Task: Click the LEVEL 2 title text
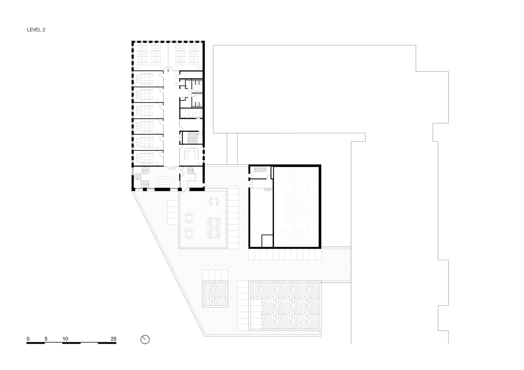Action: [x=36, y=30]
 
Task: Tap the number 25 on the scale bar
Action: [x=114, y=339]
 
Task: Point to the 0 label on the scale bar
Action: [x=28, y=339]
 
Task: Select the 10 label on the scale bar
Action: [x=65, y=339]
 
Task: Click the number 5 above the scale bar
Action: [x=46, y=339]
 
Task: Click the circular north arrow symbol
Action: [x=145, y=339]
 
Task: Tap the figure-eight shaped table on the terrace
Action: [x=214, y=228]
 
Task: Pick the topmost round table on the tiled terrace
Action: [x=214, y=201]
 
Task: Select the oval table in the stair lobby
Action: [x=166, y=180]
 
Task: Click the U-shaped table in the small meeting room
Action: [x=191, y=153]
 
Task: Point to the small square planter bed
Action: [x=215, y=294]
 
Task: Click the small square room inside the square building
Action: [x=267, y=241]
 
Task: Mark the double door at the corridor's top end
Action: [x=169, y=69]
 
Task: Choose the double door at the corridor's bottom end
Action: [x=172, y=168]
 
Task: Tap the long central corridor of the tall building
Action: [x=171, y=118]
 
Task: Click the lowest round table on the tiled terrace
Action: [x=188, y=234]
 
